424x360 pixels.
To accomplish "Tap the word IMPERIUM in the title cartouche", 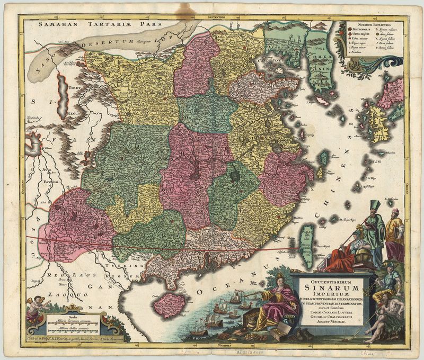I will (x=329, y=295).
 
